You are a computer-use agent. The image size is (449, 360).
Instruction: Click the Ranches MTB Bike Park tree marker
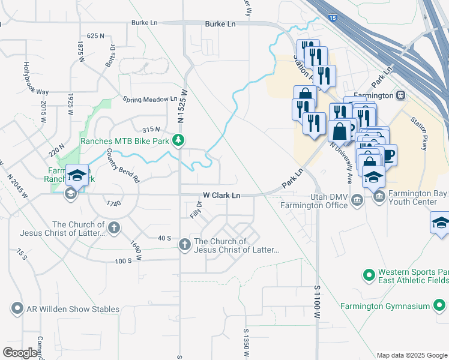178,140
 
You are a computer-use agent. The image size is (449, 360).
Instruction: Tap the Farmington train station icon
400,95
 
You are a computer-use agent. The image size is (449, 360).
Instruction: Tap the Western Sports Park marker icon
369,275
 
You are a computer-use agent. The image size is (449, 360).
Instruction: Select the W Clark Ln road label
221,196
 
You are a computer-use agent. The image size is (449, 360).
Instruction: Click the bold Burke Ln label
220,23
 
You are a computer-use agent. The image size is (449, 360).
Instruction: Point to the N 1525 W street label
180,106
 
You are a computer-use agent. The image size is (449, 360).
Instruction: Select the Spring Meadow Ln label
150,99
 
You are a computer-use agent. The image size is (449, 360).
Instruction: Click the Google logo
20,353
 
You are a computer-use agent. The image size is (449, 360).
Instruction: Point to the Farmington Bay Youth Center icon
379,196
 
